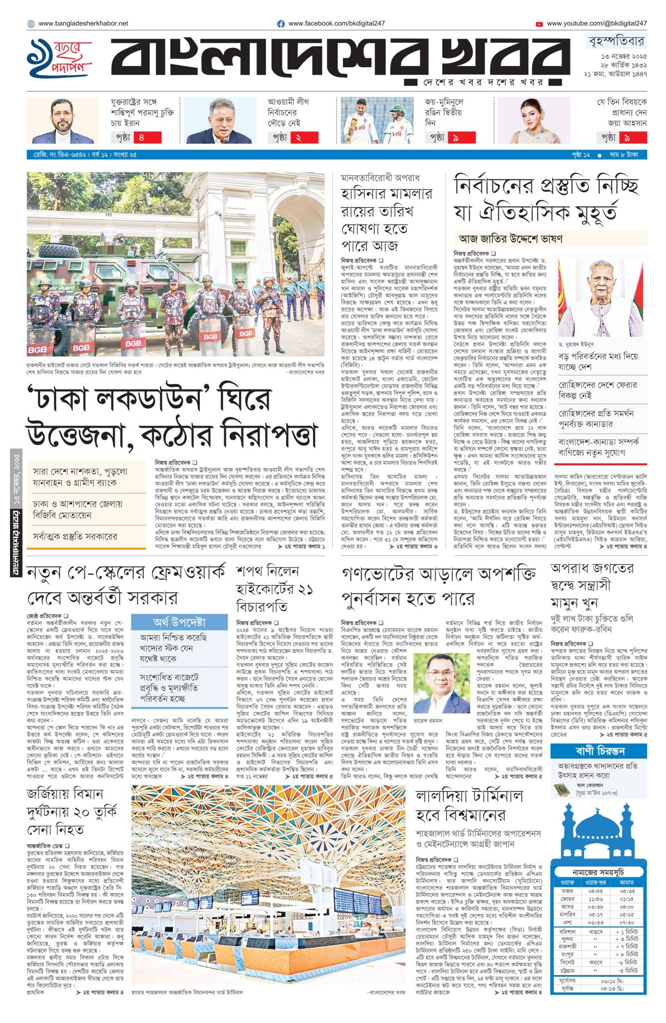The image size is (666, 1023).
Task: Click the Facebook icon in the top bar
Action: click(x=281, y=24)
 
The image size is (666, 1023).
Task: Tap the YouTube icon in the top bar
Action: click(x=539, y=24)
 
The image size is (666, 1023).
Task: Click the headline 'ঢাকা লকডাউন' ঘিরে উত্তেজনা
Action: click(x=172, y=417)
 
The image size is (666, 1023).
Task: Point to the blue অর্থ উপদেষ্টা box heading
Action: click(x=179, y=622)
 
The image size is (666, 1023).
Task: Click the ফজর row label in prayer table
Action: click(x=567, y=891)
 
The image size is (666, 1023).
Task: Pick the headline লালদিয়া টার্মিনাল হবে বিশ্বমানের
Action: click(x=469, y=805)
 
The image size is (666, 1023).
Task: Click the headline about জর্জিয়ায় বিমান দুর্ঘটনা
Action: click(x=72, y=812)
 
